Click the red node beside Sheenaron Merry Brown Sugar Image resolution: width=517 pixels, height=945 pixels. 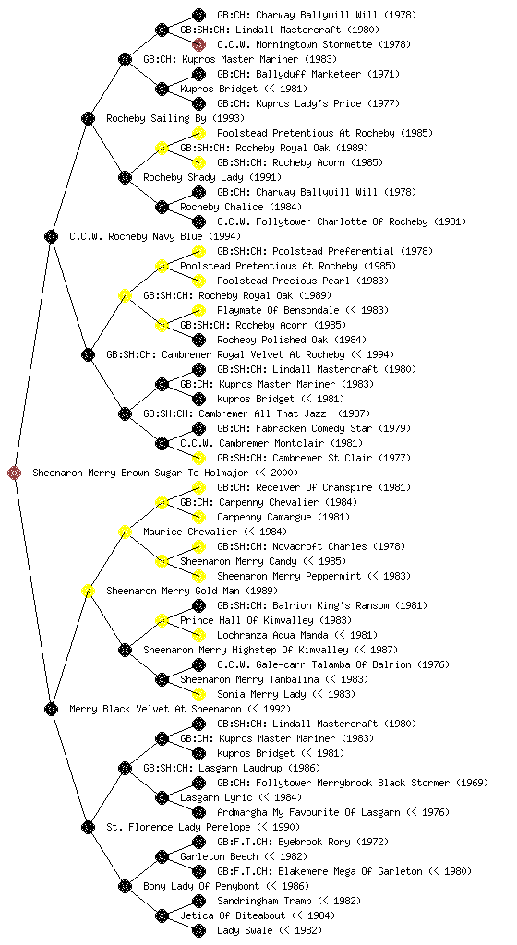tap(15, 472)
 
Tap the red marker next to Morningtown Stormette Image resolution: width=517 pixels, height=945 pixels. tap(198, 44)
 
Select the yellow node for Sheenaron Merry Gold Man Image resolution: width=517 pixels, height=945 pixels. tap(88, 591)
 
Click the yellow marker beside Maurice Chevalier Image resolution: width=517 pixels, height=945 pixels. tap(125, 532)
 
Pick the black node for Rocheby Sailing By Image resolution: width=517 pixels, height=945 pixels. tap(88, 118)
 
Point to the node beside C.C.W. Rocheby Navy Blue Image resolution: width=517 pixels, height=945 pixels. tap(51, 236)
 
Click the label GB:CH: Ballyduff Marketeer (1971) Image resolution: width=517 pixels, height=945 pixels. tap(308, 74)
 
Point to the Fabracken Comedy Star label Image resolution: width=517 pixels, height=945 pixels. tap(295, 428)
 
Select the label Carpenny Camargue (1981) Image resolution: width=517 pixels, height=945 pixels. tap(283, 517)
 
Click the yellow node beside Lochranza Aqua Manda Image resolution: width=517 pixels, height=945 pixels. tap(198, 635)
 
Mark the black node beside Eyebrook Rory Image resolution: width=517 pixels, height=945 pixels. tap(198, 842)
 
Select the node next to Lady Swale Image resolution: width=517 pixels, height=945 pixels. tap(198, 930)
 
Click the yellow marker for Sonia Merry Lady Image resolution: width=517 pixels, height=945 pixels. tap(198, 694)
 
